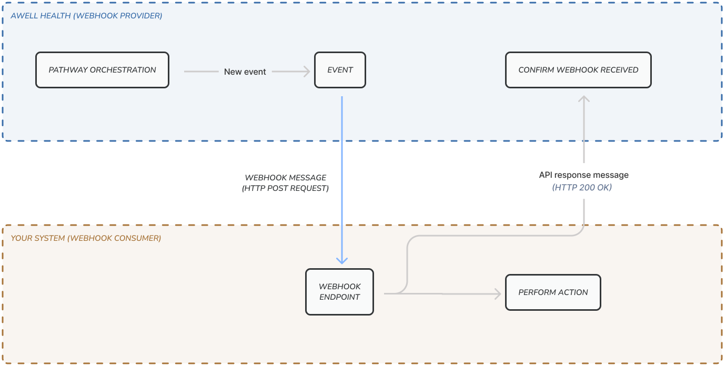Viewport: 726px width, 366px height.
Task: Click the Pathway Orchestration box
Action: coord(102,70)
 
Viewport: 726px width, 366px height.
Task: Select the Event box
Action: coord(340,70)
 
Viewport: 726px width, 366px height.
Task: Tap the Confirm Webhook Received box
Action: coord(578,70)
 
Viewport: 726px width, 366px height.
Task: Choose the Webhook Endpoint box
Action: coord(339,292)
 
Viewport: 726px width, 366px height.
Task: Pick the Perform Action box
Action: coord(553,292)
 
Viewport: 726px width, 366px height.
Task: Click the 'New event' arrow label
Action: coord(245,72)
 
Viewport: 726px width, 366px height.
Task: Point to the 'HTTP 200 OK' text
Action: coord(582,187)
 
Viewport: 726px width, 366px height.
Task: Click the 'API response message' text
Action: coord(583,175)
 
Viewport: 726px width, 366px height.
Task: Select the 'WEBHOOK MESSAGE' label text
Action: coord(286,178)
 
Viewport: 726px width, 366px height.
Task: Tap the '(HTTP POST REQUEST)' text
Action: coord(286,188)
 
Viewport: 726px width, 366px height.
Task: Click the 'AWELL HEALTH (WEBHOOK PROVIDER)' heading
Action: coord(86,16)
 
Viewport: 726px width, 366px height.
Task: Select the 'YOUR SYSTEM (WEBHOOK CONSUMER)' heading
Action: coord(86,238)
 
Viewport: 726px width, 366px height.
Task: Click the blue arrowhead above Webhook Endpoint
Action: coord(342,260)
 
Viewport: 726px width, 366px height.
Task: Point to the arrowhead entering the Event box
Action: coord(306,71)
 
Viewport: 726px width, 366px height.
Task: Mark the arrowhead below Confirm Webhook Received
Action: coord(583,99)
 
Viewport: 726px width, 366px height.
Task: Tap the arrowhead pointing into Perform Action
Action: coord(497,294)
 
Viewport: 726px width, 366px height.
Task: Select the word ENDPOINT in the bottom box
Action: coord(339,297)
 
